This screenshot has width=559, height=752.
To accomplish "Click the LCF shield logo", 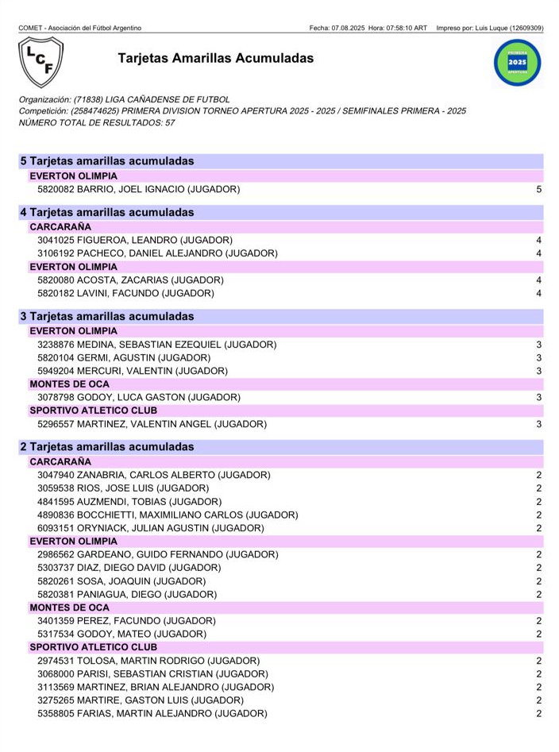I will click(40, 61).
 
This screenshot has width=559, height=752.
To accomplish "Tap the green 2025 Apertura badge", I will click(516, 61).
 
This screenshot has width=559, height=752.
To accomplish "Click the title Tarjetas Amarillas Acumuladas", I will click(215, 59).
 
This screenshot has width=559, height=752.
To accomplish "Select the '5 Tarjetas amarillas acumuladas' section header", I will click(107, 161).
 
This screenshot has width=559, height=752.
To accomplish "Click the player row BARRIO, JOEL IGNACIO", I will click(139, 190).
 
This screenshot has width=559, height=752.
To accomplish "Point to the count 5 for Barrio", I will click(538, 190).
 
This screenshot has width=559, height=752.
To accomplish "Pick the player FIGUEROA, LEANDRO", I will click(135, 240).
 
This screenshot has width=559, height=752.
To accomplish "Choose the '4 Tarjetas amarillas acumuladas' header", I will click(107, 212).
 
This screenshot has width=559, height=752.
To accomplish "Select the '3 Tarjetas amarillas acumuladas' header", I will click(107, 316).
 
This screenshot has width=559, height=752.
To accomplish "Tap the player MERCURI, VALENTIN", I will click(133, 371).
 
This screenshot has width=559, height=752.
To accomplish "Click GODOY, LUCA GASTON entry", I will click(139, 397).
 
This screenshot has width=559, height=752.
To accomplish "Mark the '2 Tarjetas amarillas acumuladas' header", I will click(107, 447).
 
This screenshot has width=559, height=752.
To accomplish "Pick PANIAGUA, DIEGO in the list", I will click(126, 595).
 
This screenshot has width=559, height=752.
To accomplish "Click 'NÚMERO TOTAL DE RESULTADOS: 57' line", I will click(97, 123).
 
